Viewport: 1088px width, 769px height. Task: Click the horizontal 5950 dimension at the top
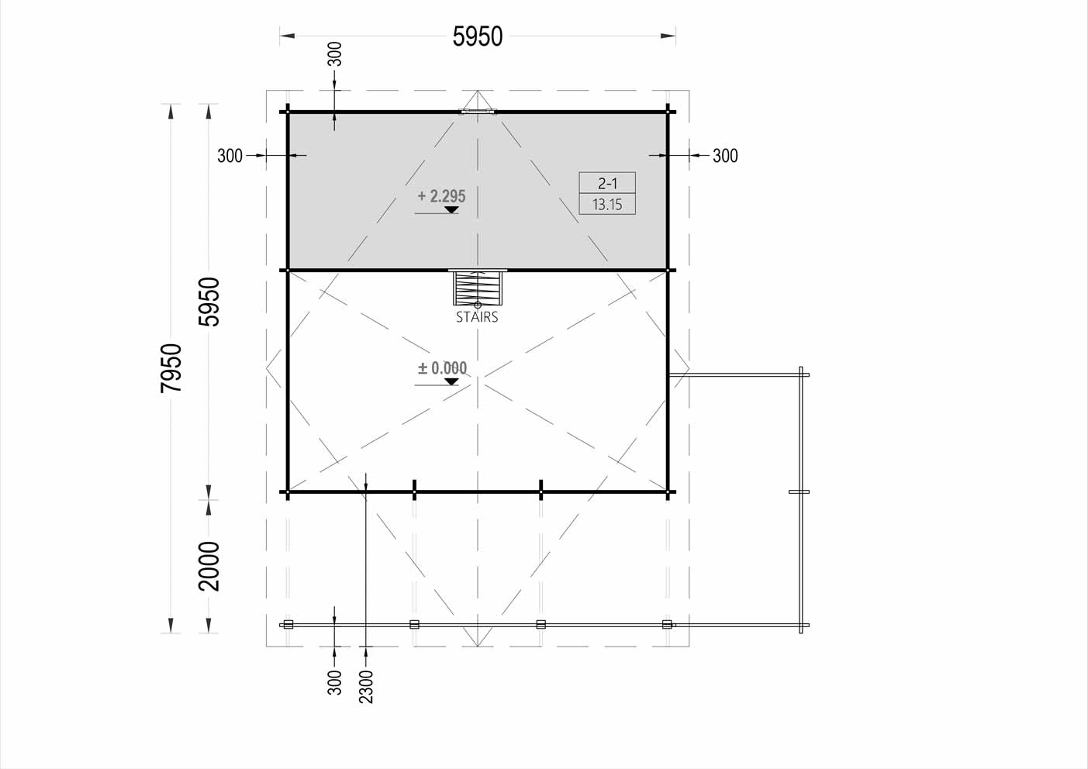(x=478, y=36)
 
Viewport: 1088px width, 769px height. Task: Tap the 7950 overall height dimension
(x=171, y=368)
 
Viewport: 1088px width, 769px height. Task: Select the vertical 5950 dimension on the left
(x=209, y=302)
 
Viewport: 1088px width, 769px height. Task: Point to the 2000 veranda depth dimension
(x=209, y=566)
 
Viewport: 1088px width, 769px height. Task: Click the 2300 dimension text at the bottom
(x=366, y=687)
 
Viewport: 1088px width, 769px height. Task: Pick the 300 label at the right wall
(x=725, y=156)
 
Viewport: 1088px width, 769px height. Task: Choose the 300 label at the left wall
(x=230, y=156)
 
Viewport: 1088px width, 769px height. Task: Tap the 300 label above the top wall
(x=335, y=54)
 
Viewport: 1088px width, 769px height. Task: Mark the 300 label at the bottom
(x=335, y=683)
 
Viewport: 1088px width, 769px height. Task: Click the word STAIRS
(x=477, y=317)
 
